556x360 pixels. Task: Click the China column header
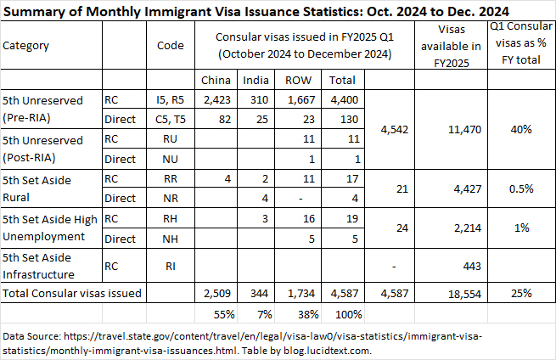(218, 81)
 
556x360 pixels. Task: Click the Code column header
(171, 45)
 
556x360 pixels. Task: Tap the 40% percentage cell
(521, 130)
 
